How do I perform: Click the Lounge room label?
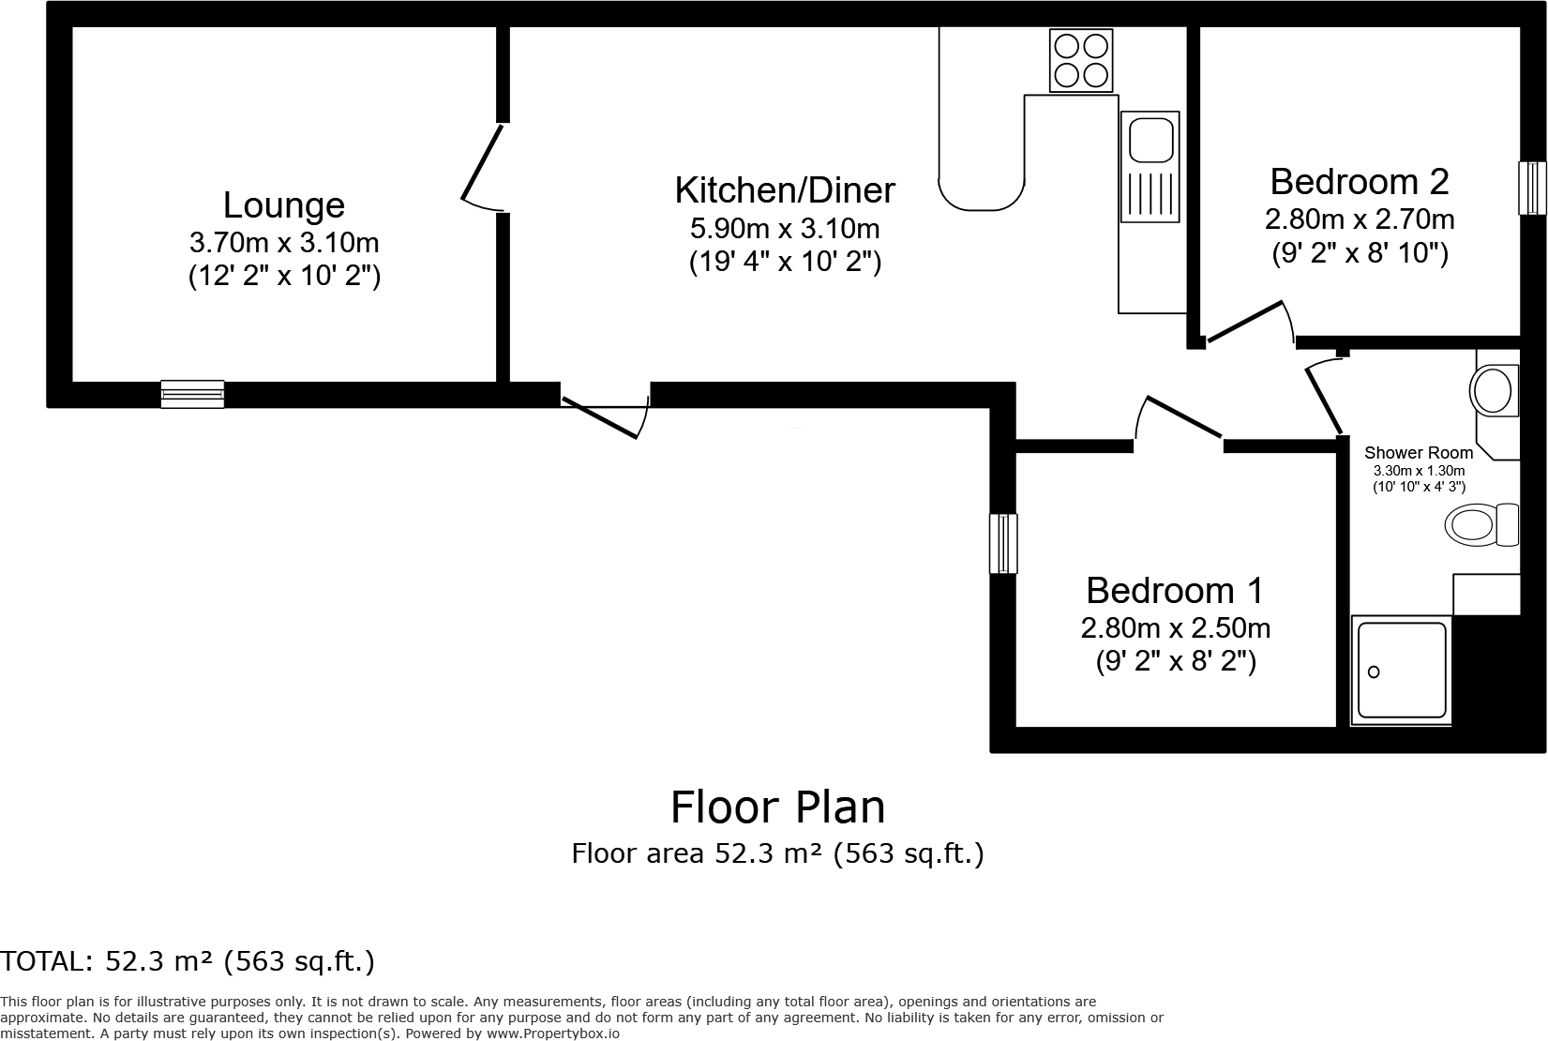coord(284,205)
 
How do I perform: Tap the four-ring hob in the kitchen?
coord(1081,60)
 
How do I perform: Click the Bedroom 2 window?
coord(1532,188)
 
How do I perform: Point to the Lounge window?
coord(192,394)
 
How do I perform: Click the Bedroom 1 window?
coord(1003,543)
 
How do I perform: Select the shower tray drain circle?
coord(1375,671)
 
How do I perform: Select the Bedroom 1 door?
coord(1181,418)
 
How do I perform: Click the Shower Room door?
coord(1324,399)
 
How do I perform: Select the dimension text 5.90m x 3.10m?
coord(785,228)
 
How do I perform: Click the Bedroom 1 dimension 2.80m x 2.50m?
coord(1176,627)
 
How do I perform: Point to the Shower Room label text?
coord(1419,453)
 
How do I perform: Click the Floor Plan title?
coord(777,807)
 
